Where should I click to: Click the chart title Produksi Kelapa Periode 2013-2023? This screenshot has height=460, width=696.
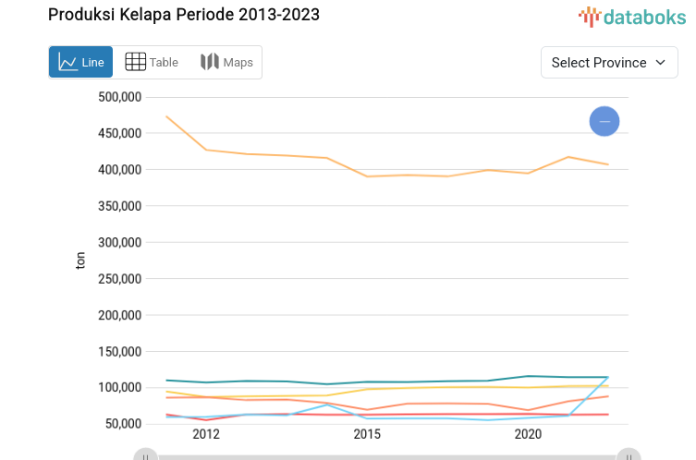(184, 16)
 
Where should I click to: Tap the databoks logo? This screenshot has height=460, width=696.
(632, 17)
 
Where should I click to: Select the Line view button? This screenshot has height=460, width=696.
(81, 63)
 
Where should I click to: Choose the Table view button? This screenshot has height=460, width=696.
(152, 63)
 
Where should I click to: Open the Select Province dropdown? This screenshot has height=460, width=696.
(609, 63)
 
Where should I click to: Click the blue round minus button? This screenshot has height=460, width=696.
(604, 121)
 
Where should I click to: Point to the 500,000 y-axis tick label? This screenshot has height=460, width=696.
(118, 97)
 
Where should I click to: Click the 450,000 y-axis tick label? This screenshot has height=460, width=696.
(118, 133)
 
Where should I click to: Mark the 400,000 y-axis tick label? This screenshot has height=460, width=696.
(118, 170)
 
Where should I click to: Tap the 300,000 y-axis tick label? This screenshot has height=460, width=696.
(118, 242)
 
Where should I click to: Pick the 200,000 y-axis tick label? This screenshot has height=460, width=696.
(118, 315)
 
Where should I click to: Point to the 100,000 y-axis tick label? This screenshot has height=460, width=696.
(118, 387)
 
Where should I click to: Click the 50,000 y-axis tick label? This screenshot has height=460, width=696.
(122, 424)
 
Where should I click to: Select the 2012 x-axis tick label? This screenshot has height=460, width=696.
(205, 434)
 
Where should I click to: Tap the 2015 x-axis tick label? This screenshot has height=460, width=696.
(367, 434)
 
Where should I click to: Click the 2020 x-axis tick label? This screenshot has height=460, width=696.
(528, 434)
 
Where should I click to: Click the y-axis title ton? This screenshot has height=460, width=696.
(80, 261)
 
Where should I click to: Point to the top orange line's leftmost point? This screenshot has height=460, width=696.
(166, 116)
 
